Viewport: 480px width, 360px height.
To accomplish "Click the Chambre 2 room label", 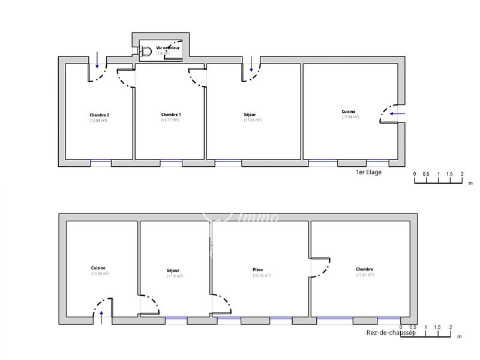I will point(99,115).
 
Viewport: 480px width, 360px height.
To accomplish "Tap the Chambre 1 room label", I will point(170,114).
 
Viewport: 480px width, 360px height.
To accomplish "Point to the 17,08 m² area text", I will point(350,117).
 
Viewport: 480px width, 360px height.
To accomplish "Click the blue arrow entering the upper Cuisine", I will point(397,113).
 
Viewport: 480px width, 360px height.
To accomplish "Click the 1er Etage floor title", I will point(368,172).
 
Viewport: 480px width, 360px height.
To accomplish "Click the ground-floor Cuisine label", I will point(99,268).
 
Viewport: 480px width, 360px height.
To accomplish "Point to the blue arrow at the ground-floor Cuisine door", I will point(101,316).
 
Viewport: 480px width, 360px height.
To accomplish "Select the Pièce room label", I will point(257,270).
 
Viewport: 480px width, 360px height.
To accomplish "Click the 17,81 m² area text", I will point(364,275).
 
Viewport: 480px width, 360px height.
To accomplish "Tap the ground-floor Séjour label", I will point(173,270).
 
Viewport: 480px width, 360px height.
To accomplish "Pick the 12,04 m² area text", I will point(98,121).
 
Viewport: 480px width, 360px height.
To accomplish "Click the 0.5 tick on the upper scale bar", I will point(426,174).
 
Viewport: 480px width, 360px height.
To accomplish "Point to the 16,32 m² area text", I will point(262,275).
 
